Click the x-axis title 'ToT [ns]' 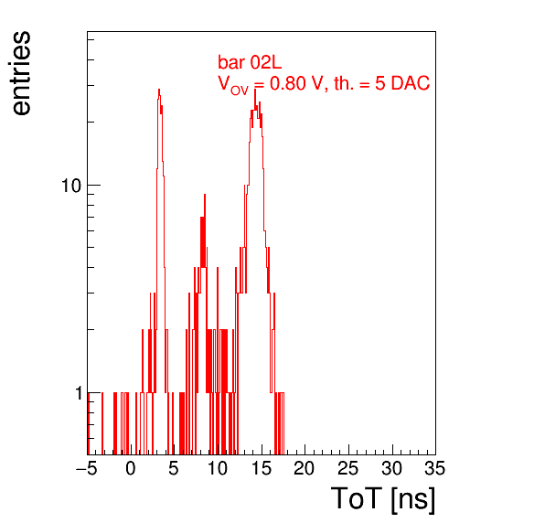click(383, 499)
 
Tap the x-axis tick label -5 click(87, 468)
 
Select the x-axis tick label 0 click(131, 468)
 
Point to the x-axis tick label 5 click(174, 468)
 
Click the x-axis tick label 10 click(218, 468)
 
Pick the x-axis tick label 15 click(261, 468)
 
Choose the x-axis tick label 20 click(305, 468)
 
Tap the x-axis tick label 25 click(347, 468)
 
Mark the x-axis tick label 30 click(391, 468)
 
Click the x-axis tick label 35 click(435, 468)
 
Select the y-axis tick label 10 click(71, 186)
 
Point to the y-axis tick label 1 click(79, 393)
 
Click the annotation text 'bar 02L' click(250, 62)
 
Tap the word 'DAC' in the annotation click(411, 83)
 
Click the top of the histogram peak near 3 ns click(159, 90)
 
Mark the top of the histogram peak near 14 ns click(255, 90)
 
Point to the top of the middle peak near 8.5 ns click(205, 194)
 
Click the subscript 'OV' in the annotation click(240, 91)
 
